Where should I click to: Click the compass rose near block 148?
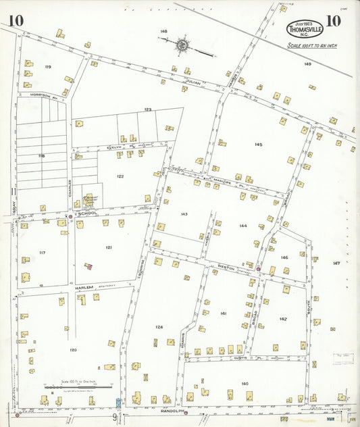[182, 45]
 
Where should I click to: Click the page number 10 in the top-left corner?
[16, 20]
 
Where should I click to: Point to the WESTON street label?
[225, 268]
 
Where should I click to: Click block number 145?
[258, 145]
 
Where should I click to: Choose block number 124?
[159, 327]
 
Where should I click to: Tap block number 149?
[307, 64]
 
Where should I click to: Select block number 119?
[47, 67]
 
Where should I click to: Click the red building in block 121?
[88, 266]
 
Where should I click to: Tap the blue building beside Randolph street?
[119, 403]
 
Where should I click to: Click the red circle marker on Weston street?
[259, 270]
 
